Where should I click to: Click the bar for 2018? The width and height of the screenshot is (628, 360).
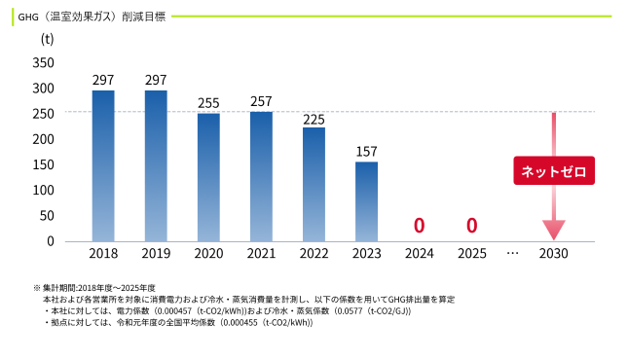[103, 165]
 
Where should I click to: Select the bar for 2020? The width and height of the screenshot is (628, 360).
[208, 177]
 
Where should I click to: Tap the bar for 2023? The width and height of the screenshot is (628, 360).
[366, 201]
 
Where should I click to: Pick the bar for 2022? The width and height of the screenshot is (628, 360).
[314, 185]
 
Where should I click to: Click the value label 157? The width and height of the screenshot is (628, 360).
[366, 152]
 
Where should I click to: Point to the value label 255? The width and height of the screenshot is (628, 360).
[208, 103]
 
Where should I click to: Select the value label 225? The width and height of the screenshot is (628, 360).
[314, 120]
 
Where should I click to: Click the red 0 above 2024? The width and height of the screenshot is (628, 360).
[419, 226]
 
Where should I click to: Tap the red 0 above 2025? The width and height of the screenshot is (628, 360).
[472, 226]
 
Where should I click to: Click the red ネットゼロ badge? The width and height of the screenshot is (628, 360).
[554, 170]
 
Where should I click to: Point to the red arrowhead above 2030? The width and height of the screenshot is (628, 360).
[554, 230]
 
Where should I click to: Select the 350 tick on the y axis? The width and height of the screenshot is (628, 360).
[43, 63]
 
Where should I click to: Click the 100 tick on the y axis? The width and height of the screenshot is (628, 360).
[43, 190]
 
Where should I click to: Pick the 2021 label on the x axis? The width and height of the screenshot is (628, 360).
[261, 254]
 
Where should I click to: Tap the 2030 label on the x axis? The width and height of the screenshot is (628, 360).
[553, 254]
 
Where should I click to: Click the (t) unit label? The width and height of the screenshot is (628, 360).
[48, 39]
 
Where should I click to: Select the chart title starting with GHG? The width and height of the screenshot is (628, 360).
[92, 17]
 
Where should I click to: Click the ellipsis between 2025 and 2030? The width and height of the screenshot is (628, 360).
[513, 254]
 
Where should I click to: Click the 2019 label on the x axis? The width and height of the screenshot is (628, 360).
[156, 254]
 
